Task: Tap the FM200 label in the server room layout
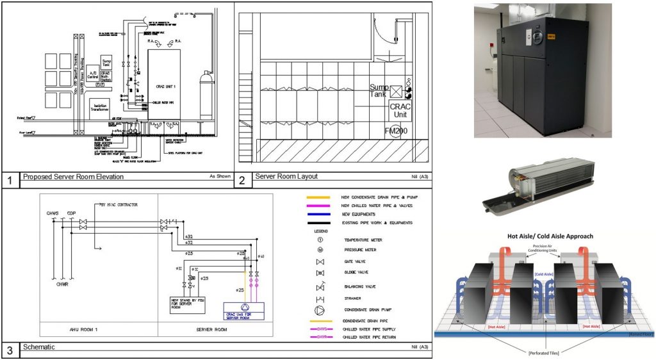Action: (x=397, y=131)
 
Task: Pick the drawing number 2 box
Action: (x=242, y=180)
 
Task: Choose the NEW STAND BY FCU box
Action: (x=188, y=304)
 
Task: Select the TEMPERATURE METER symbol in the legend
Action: (x=320, y=239)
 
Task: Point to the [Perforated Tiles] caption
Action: (x=545, y=352)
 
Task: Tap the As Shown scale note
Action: (x=219, y=175)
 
